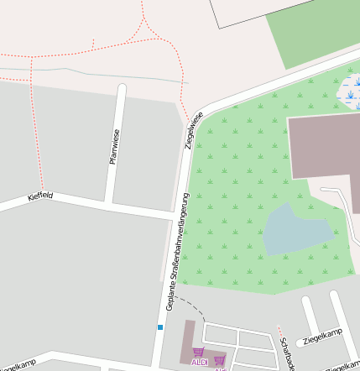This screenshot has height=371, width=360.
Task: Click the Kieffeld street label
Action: pos(40,196)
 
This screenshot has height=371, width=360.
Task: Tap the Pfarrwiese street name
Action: pos(114,147)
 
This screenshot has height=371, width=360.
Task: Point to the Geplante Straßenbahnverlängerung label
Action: pos(177,252)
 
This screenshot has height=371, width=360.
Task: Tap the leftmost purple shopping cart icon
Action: pos(198,353)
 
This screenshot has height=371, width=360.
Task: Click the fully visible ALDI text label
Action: pos(199,363)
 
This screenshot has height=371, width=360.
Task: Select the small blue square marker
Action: pos(159,327)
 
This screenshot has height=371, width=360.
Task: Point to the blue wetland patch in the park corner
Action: pos(348,92)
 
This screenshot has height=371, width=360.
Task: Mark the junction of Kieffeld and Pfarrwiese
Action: pos(109,204)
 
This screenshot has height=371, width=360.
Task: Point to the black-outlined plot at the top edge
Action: pos(252,13)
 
